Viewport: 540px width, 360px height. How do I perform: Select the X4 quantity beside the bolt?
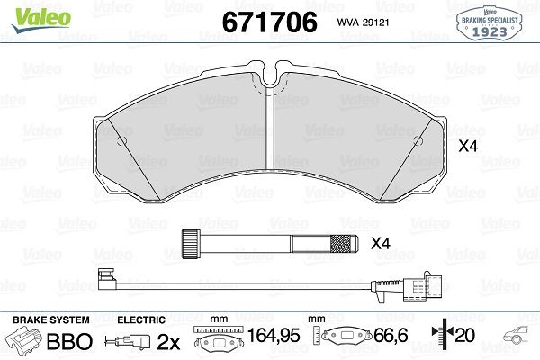pyautogui.click(x=382, y=243)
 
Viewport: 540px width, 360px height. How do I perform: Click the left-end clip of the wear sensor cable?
pyautogui.click(x=105, y=280)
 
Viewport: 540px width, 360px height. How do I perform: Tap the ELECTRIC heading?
pyautogui.click(x=141, y=320)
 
